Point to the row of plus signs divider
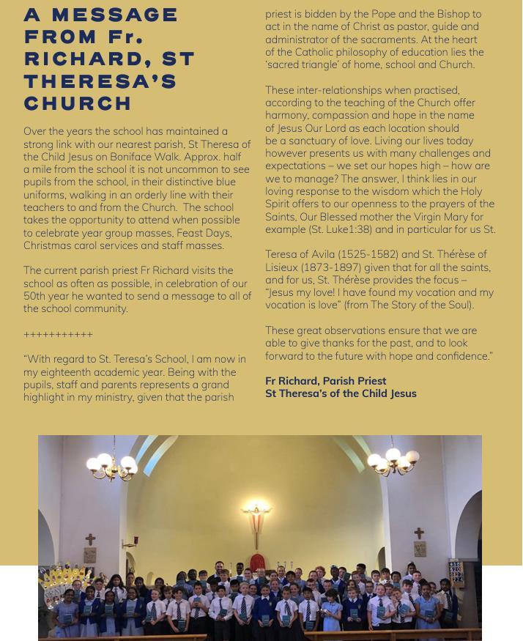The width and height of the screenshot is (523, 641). [x=58, y=335]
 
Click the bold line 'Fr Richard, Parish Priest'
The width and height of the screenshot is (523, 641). [x=325, y=381]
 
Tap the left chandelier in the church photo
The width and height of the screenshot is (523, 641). [x=111, y=463]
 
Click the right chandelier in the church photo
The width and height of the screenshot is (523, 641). [x=393, y=459]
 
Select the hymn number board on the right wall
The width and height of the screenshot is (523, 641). [x=456, y=571]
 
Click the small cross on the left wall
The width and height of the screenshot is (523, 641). [x=90, y=540]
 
